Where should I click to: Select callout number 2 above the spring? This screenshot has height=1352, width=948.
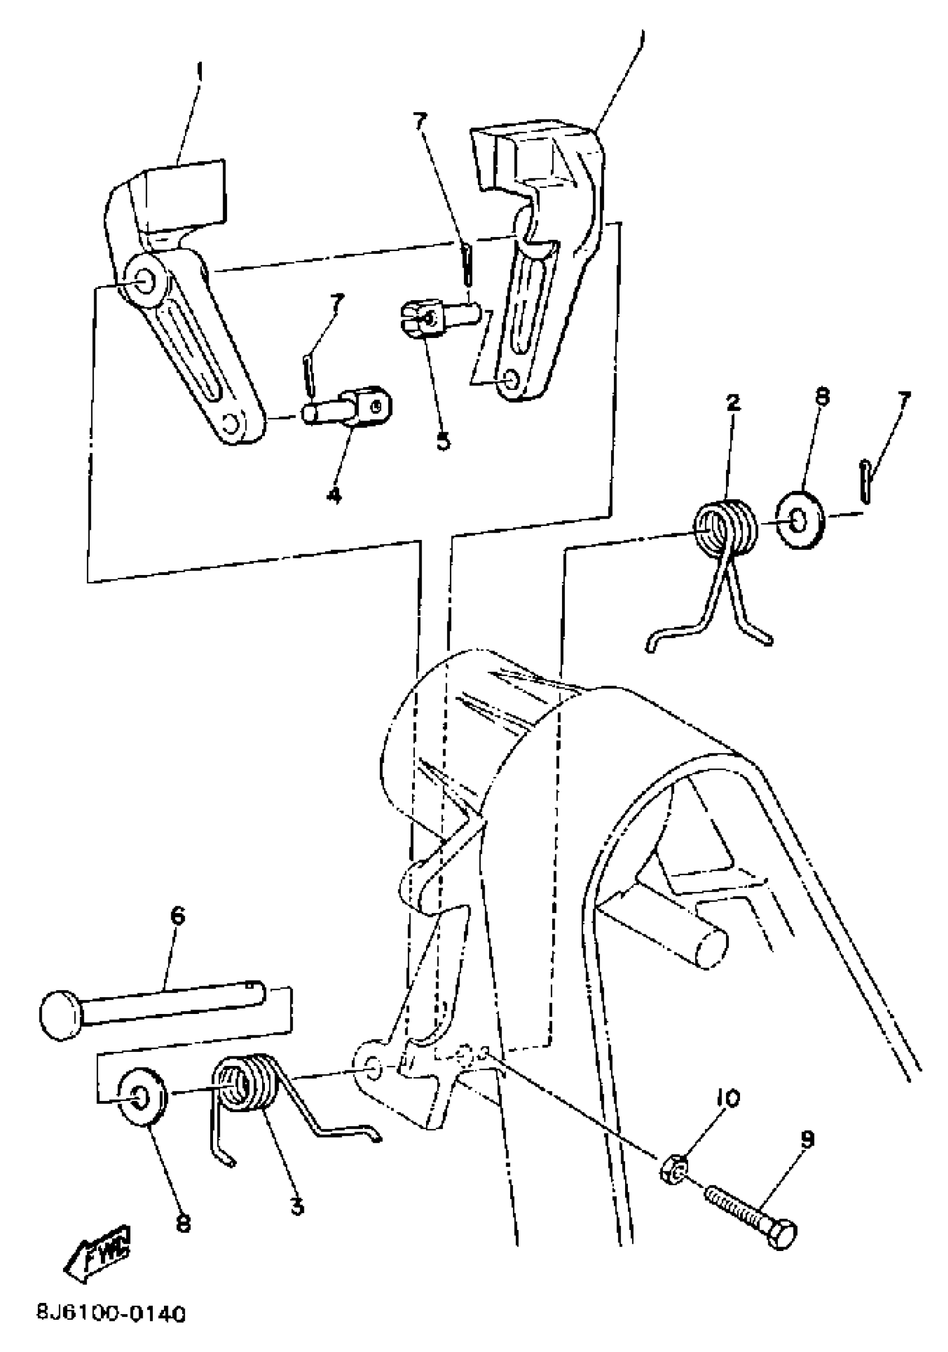(733, 404)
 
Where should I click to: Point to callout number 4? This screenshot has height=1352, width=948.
(334, 496)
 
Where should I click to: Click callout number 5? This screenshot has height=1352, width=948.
(443, 440)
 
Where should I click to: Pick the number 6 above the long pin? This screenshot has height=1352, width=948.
(177, 916)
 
